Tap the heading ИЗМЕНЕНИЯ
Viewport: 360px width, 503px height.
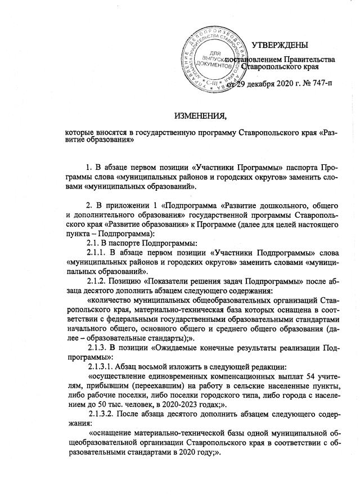click(200, 116)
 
